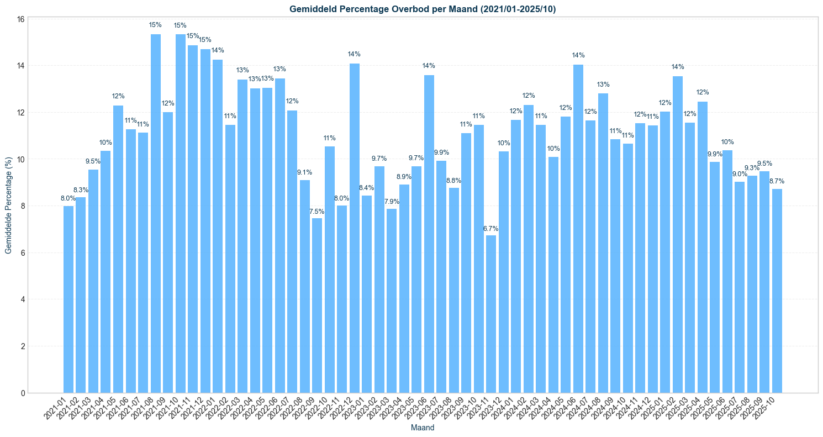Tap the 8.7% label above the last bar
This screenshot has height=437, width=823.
point(777,181)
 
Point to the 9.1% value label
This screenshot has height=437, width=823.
point(304,172)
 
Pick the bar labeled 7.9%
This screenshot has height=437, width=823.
point(391,301)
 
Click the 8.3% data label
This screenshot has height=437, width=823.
point(81,190)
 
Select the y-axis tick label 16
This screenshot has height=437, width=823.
point(20,19)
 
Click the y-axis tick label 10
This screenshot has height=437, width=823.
point(20,160)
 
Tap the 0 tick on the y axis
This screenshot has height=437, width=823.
point(23,393)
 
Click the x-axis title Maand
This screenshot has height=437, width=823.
point(423,428)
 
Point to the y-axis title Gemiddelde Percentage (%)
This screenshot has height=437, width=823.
point(8,206)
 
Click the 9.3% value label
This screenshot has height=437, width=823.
point(752,168)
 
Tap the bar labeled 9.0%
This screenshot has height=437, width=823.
point(739,287)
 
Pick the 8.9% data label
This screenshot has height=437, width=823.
point(404,177)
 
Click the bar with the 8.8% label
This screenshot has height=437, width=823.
point(453,290)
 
